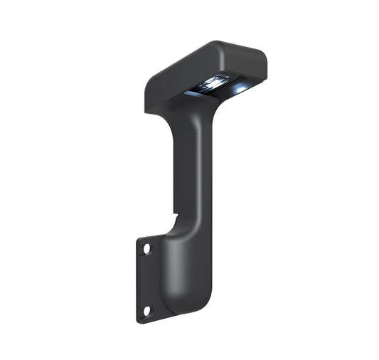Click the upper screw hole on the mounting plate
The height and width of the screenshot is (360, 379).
147,249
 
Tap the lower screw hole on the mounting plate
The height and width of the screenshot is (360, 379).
147,311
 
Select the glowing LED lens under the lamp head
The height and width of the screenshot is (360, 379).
214,84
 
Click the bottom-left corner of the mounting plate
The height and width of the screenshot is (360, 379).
139,320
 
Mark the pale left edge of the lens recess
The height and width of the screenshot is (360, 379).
189,92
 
